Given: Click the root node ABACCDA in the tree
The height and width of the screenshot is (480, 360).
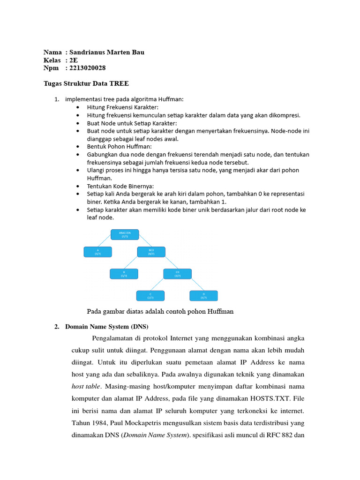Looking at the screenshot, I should (x=124, y=234).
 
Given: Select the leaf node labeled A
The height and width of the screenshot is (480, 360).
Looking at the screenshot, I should (x=97, y=252).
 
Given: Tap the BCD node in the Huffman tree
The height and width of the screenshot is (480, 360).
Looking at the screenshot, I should (x=151, y=252).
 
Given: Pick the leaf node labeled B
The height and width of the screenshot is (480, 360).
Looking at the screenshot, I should (x=124, y=274).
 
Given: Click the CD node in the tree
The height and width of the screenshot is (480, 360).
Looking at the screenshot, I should (x=177, y=274).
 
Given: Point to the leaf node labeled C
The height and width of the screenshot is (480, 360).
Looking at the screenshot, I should (x=150, y=295).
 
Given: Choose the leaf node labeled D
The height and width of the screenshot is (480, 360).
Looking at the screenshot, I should (x=203, y=295).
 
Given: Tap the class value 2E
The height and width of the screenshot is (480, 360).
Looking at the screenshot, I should (x=74, y=60).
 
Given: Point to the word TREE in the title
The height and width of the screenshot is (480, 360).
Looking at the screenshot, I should (x=119, y=83).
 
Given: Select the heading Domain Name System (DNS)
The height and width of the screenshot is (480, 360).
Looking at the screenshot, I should (x=107, y=326).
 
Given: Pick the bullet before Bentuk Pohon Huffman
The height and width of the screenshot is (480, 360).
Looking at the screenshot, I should (x=77, y=147).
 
